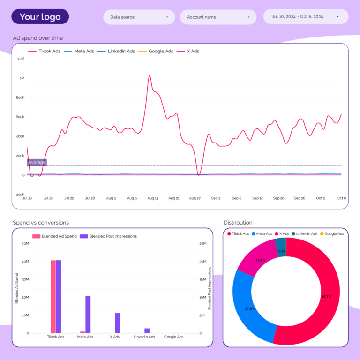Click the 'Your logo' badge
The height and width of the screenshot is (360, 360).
click(x=40, y=17)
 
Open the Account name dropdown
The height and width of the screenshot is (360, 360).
click(x=218, y=17)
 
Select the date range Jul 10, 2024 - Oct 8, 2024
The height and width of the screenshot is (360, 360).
click(x=306, y=17)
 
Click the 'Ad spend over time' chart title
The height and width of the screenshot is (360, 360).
click(x=37, y=38)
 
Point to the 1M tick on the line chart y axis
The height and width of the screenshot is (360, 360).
click(x=22, y=78)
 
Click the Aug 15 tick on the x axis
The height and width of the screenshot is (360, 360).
click(x=153, y=198)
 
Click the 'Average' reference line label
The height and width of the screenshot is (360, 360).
click(x=37, y=162)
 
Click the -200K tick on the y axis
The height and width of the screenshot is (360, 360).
click(x=20, y=195)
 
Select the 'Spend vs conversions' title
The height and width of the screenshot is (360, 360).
click(x=41, y=222)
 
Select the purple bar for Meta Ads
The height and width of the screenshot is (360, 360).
click(x=88, y=314)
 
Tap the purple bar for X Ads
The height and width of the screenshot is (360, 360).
click(x=117, y=323)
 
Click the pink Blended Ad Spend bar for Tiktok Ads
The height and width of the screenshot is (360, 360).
click(x=53, y=296)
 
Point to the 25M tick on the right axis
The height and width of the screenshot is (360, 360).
click(x=203, y=244)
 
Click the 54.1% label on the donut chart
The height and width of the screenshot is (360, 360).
click(x=325, y=296)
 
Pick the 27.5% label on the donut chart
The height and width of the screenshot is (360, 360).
click(x=250, y=308)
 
